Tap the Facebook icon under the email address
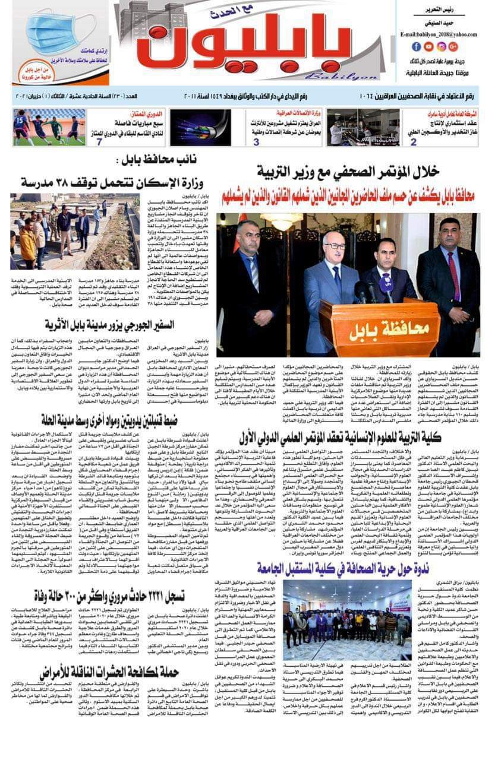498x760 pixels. click(417, 46)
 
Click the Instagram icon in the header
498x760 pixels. click(441, 46)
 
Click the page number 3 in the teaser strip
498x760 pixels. click(257, 142)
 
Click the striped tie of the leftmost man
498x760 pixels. click(254, 273)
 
